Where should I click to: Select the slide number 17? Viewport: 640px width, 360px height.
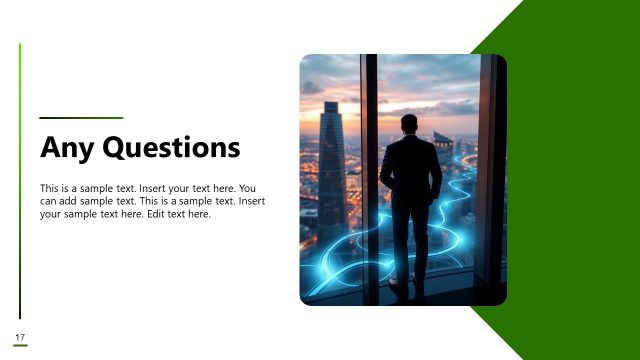tap(20, 334)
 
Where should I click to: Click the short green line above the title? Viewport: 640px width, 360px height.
tap(81, 118)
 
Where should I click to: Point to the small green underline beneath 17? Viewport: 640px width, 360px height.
tap(20, 345)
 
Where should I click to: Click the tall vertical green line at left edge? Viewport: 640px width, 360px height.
tap(20, 180)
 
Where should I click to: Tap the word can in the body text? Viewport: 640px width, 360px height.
tap(49, 201)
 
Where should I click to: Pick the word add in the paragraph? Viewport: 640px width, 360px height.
tap(73, 201)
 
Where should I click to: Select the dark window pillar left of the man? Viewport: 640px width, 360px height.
tap(369, 180)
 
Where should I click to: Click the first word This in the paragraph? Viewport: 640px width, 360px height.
tap(49, 188)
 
